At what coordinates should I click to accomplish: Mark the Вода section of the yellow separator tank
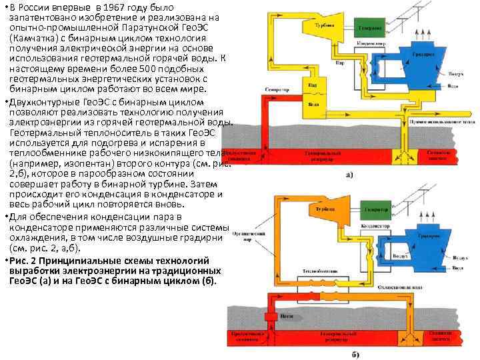311,104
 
